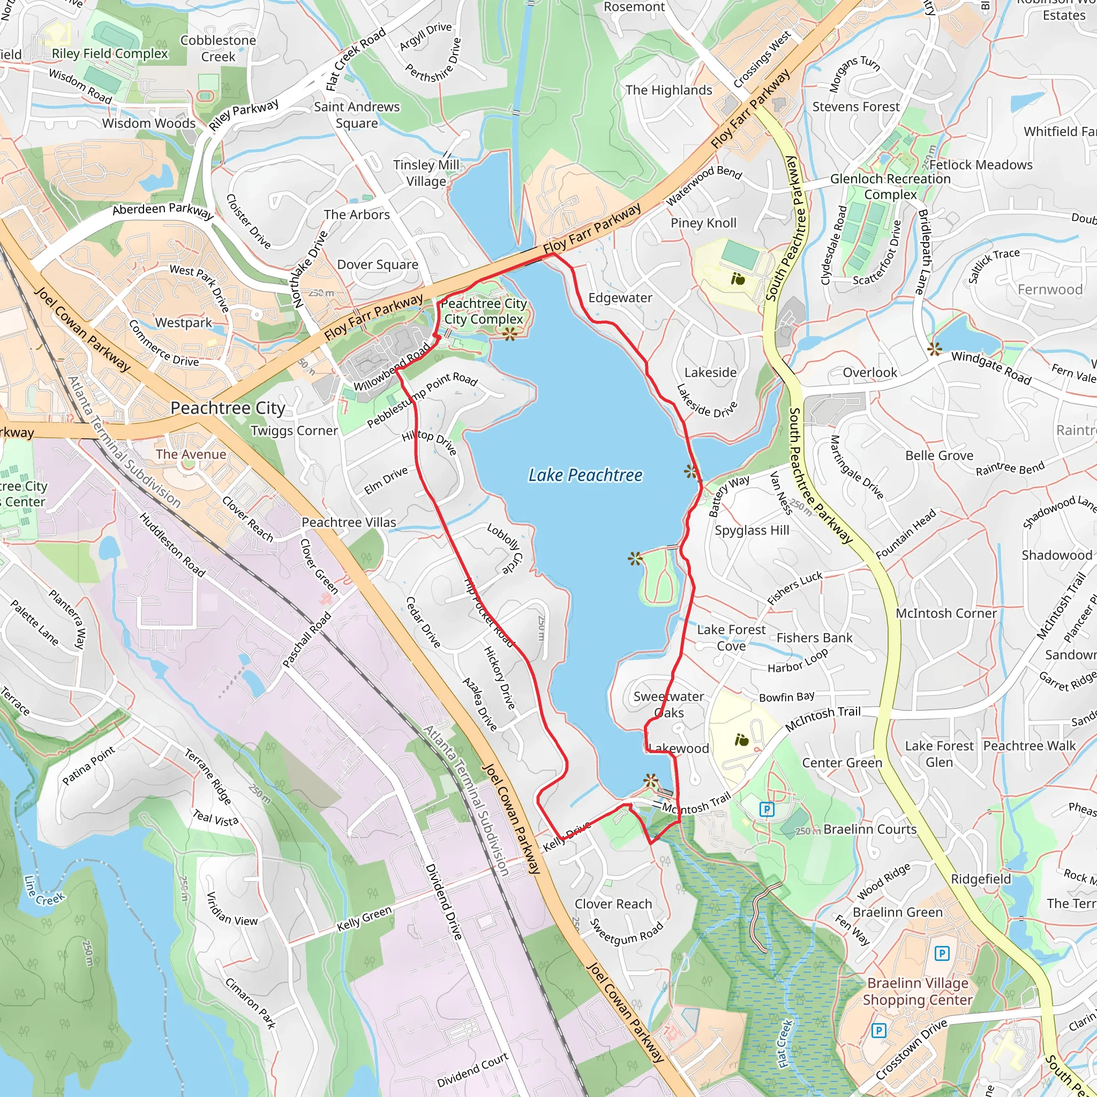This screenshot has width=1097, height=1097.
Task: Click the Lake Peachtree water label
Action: [x=585, y=475]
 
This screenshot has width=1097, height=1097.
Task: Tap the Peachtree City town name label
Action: [x=228, y=408]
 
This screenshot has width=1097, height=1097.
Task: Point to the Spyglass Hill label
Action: [x=752, y=530]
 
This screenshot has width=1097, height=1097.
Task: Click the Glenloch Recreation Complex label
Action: [x=890, y=186]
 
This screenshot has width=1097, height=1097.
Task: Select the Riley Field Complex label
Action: [x=110, y=54]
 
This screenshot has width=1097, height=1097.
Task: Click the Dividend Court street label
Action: [x=472, y=1070]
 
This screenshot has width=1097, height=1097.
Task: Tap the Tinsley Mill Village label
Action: [x=426, y=172]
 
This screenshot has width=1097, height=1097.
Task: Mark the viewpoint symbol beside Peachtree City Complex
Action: [x=510, y=334]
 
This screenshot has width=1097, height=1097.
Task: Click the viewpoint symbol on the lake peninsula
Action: [x=635, y=559]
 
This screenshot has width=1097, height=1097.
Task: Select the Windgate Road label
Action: [x=991, y=367]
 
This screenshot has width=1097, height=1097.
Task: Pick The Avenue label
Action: [x=191, y=454]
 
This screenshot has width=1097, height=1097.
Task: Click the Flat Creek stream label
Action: [x=785, y=1043]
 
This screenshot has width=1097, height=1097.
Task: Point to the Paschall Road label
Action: [x=306, y=640]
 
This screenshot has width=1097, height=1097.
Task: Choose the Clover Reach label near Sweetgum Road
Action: [x=613, y=904]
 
